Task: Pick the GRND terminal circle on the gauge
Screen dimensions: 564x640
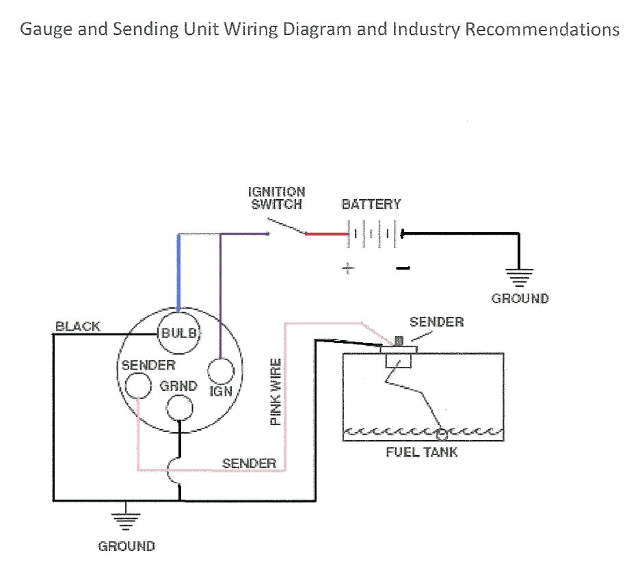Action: [x=180, y=409]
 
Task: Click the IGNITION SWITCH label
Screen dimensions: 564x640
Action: [x=276, y=198]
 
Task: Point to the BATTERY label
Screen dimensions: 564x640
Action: [x=371, y=204]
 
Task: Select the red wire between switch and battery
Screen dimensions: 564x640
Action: [x=326, y=235]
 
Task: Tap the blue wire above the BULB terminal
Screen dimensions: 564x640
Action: [x=179, y=270]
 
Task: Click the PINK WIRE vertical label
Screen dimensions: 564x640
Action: [x=276, y=392]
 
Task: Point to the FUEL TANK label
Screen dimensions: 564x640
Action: [x=422, y=452]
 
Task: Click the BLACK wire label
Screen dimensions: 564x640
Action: [x=77, y=326]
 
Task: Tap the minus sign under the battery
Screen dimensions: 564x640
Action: [x=403, y=268]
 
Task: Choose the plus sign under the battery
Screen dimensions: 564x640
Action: [x=348, y=268]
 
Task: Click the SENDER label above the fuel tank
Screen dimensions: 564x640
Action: [x=436, y=322]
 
